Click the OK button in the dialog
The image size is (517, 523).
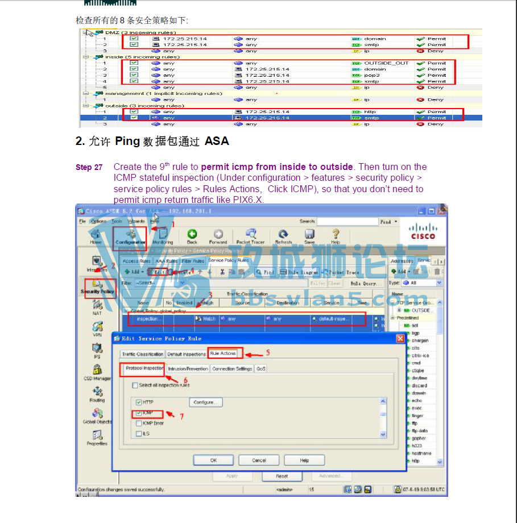(213, 460)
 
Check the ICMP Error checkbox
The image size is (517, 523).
(139, 424)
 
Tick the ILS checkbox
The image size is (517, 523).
(139, 434)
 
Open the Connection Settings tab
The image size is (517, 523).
(231, 369)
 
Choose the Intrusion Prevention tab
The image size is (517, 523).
(188, 369)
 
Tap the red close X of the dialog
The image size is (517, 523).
(400, 338)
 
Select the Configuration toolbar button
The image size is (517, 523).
(130, 236)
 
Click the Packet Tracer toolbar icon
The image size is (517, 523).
(250, 236)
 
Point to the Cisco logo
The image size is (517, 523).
(423, 232)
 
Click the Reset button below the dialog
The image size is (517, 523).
(282, 476)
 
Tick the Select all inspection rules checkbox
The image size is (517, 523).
(135, 385)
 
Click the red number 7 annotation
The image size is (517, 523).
(181, 416)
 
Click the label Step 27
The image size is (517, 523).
(89, 167)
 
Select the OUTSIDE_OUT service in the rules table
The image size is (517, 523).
(386, 63)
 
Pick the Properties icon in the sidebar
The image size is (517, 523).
(97, 437)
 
